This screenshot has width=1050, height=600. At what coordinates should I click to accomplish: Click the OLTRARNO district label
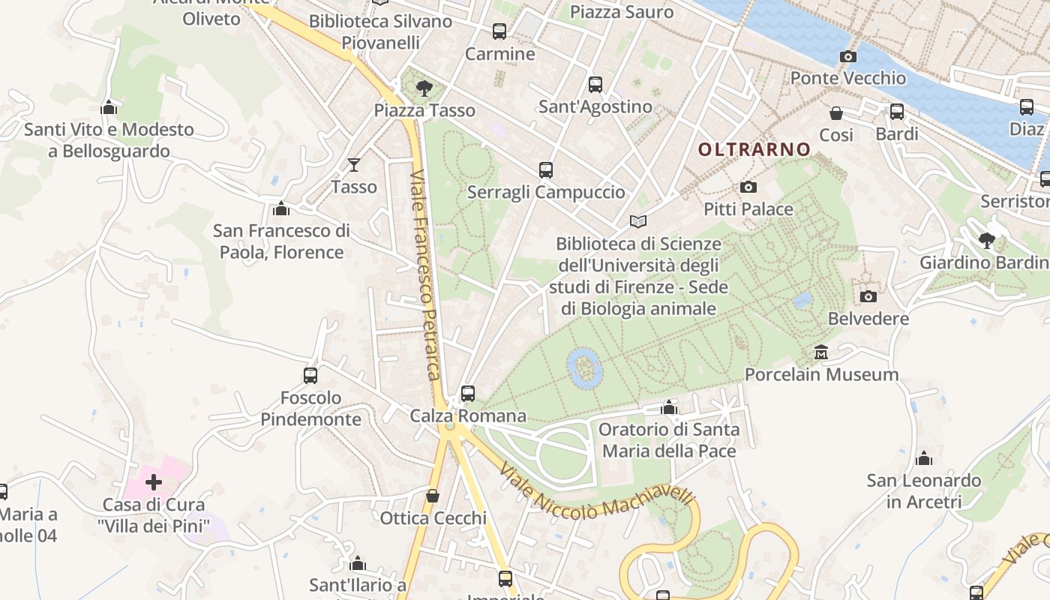pos(754,149)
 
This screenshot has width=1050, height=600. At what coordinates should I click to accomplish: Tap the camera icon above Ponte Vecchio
pos(848,57)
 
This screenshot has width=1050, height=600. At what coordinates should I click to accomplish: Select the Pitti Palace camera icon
pos(748,187)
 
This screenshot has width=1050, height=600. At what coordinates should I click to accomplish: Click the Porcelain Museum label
pos(821,374)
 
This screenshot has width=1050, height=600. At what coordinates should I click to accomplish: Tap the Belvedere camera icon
pos(868,297)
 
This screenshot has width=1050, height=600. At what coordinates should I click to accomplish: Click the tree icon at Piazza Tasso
pos(424,88)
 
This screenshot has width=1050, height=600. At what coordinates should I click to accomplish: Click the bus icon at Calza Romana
pos(468,393)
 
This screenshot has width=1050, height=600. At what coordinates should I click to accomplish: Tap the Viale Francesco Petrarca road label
pos(425,274)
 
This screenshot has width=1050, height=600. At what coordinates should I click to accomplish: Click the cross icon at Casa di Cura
pos(154,482)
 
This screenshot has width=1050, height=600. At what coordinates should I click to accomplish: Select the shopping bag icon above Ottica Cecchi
pos(433,496)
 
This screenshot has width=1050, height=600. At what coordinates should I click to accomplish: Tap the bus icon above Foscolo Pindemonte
pos(310,375)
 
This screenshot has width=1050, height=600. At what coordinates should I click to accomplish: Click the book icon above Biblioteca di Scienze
pos(638,222)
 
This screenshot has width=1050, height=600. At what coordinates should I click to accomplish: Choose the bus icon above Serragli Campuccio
pos(546,170)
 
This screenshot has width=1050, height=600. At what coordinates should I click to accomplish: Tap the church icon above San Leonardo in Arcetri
pos(924,458)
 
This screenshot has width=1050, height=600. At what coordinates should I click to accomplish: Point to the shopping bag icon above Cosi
pos(836,113)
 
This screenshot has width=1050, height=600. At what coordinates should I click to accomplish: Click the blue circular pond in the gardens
pos(585,367)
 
